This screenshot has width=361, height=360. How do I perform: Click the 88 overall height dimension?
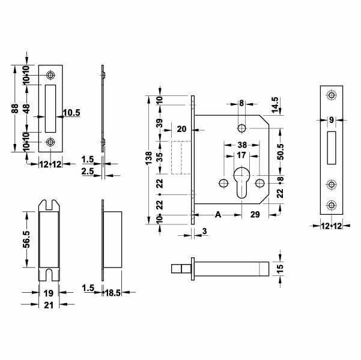tap(14, 109)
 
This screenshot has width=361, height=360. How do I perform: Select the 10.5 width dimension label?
tap(71, 112)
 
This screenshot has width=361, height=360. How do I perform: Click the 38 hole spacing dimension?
tap(241, 145)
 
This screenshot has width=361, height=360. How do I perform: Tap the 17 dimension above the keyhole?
tap(241, 155)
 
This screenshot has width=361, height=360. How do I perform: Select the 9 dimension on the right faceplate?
tap(331, 120)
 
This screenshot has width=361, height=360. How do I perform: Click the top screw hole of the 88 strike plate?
tap(50, 75)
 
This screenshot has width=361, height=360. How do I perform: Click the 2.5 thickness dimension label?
tap(87, 172)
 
